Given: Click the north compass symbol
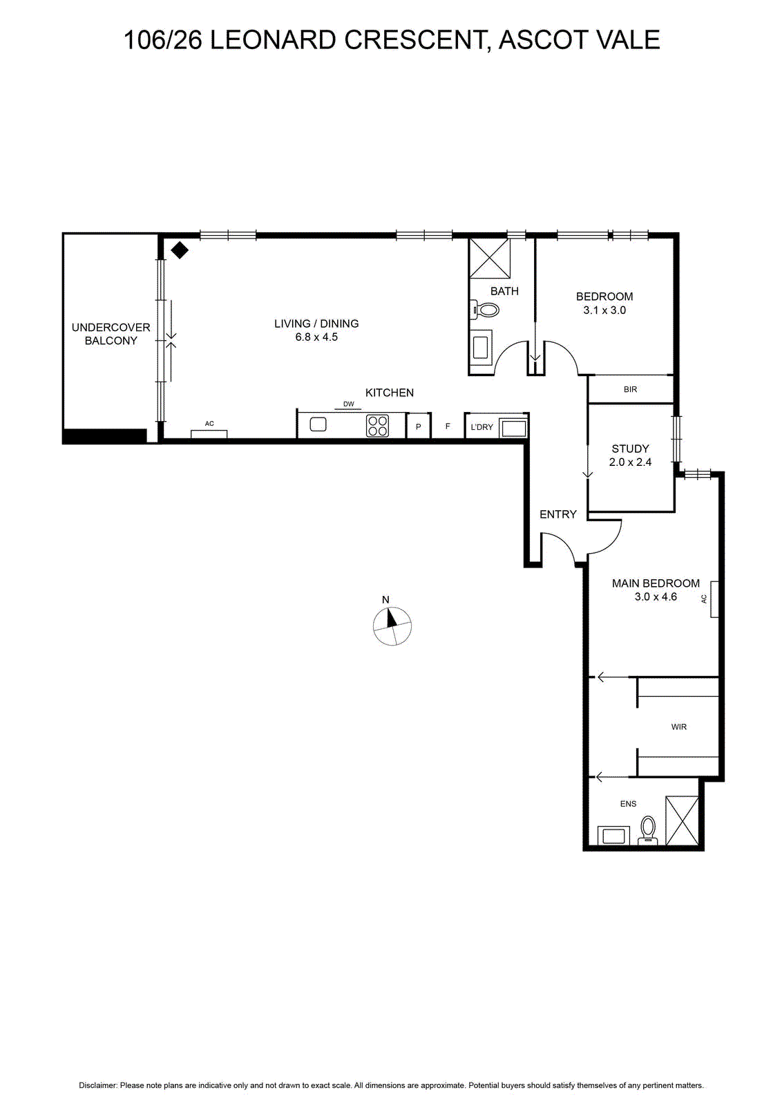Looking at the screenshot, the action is point(392,626).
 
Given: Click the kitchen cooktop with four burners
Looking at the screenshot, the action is point(377,426).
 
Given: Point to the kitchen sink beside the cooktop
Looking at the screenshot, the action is point(318,424).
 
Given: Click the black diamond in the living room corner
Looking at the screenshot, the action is point(180,250).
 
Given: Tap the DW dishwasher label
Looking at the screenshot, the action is point(348,404).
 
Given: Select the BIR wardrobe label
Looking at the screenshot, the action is point(630,390).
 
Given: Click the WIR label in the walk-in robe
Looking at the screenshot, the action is point(678,727).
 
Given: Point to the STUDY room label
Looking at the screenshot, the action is point(630,449).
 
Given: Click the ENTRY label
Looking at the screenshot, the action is point(558,514).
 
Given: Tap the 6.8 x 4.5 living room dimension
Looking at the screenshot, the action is point(316,337).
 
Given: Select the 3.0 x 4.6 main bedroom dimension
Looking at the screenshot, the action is point(656,597).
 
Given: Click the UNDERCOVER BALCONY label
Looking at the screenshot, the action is point(111,334).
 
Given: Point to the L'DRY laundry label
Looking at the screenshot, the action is point(481,427).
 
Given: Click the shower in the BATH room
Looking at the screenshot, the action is point(489,259).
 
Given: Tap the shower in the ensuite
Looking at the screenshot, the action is point(682,820).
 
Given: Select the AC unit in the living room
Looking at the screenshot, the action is point(209,434).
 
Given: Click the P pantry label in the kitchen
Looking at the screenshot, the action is point(419,427).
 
